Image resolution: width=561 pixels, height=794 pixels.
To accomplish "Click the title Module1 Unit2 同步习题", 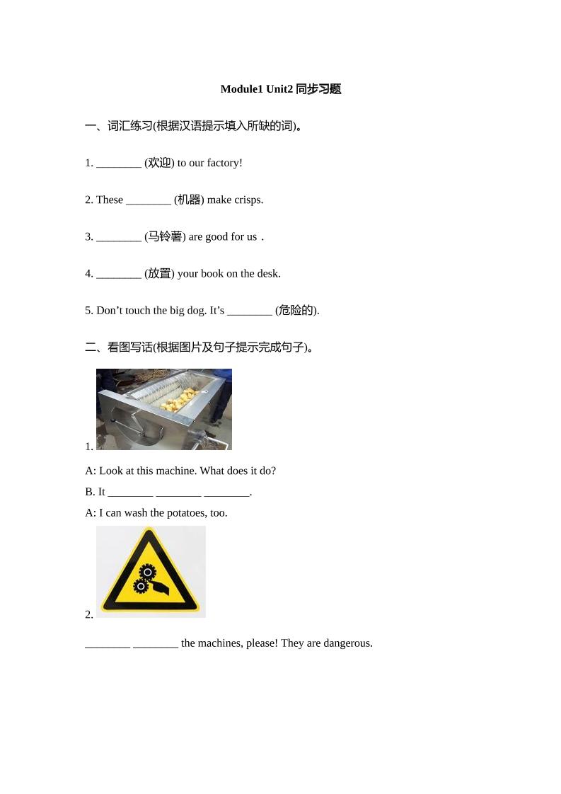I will click(x=280, y=89).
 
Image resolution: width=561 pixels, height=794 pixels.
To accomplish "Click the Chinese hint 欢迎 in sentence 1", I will click(x=159, y=163).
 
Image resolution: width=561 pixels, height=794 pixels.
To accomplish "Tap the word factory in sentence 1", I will click(x=224, y=163).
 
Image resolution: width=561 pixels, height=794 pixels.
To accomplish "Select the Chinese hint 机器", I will click(x=189, y=200).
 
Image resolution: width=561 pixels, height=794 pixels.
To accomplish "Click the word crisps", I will click(x=248, y=200).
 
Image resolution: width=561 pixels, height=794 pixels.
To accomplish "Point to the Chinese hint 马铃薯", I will click(x=165, y=236).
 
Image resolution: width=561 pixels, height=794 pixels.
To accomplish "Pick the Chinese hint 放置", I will click(x=159, y=273).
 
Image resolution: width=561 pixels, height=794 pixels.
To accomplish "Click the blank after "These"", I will click(x=149, y=201).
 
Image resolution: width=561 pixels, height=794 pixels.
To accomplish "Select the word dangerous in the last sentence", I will click(x=347, y=643).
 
